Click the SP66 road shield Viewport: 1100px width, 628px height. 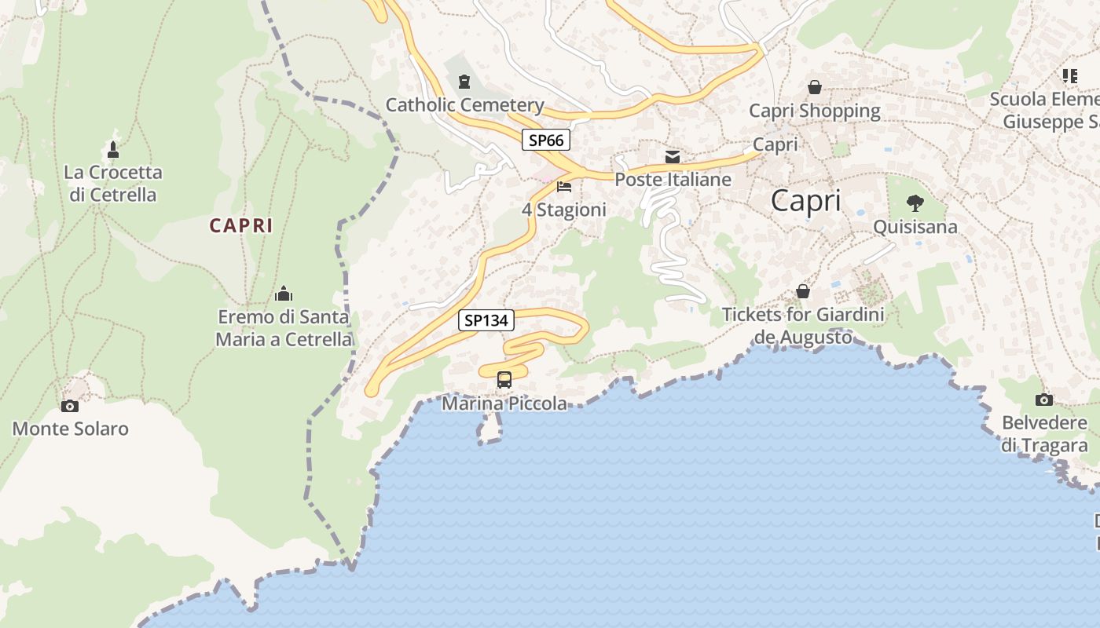(x=545, y=141)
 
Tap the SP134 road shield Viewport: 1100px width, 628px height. (x=486, y=320)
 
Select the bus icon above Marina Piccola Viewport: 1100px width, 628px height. (x=504, y=380)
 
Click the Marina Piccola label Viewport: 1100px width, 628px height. (x=504, y=403)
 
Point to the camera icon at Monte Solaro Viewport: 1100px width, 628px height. (x=70, y=406)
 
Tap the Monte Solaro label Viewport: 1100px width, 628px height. (x=70, y=429)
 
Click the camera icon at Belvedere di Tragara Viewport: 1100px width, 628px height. (x=1044, y=400)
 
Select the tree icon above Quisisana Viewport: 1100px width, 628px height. (x=915, y=204)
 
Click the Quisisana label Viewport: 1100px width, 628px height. (x=915, y=227)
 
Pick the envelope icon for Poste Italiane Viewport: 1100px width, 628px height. (x=673, y=157)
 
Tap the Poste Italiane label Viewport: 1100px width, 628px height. (x=673, y=180)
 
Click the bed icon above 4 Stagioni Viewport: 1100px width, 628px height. (x=564, y=187)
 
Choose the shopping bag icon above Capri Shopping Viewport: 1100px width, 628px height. (x=815, y=87)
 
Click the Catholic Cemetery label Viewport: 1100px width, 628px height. (x=464, y=105)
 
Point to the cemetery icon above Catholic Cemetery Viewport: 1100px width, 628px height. (x=464, y=82)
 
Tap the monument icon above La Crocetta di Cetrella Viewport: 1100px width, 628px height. (x=113, y=149)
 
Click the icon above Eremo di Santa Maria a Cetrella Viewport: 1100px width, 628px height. (x=284, y=294)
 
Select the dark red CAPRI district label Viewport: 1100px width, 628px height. (x=240, y=225)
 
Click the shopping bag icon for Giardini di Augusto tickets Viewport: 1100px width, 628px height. (x=803, y=291)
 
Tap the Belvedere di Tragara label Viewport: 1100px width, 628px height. (x=1044, y=434)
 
